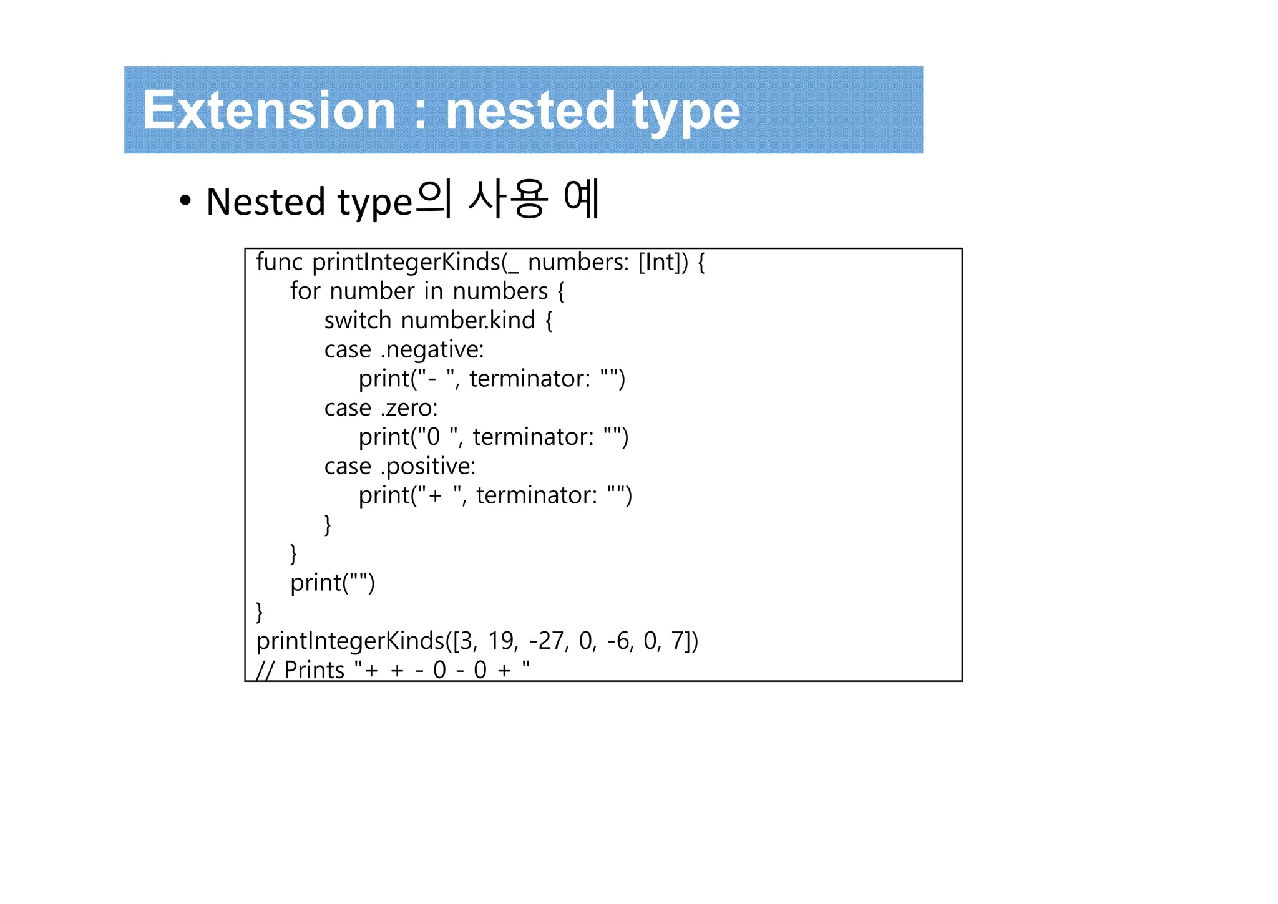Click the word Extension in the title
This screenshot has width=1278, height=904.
269,110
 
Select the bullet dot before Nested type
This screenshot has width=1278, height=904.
185,202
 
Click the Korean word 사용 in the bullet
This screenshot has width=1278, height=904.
507,200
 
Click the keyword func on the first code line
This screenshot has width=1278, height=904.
279,262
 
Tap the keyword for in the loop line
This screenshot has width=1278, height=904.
305,291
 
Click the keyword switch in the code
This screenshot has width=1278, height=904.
357,320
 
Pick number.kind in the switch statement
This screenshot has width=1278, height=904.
468,320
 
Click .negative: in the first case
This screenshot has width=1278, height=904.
432,350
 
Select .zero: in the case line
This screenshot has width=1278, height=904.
409,408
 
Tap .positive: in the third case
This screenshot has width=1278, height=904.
428,467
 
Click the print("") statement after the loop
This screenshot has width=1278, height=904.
332,583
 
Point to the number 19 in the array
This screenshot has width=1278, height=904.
501,641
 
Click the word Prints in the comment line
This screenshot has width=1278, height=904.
314,670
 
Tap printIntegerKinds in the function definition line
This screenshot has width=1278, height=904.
406,262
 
